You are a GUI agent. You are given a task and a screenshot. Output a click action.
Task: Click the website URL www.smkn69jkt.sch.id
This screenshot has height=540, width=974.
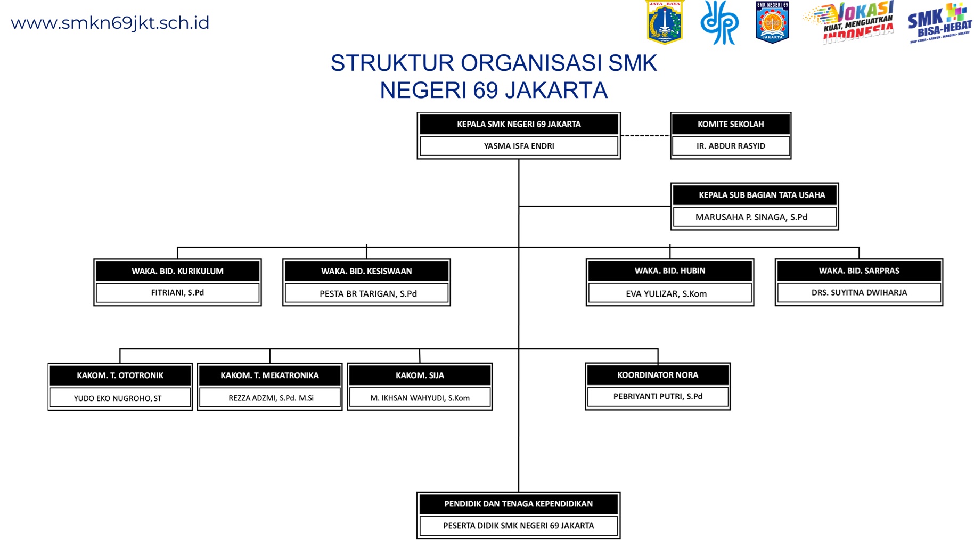(110, 23)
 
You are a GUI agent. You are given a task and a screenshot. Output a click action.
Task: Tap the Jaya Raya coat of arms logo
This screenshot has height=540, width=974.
(664, 22)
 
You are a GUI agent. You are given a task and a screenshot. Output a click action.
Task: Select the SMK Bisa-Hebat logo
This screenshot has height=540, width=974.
(940, 23)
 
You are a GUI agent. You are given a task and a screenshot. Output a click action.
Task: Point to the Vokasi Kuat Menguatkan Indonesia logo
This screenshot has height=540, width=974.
(850, 23)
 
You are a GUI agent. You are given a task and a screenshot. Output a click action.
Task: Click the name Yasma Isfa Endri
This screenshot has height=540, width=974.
(519, 146)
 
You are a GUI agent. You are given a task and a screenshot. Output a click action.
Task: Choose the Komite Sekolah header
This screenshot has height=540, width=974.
(731, 124)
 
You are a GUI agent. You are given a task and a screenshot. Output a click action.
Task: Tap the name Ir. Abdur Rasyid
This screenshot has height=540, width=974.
(731, 146)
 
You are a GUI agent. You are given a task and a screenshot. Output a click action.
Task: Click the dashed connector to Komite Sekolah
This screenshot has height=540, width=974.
(645, 136)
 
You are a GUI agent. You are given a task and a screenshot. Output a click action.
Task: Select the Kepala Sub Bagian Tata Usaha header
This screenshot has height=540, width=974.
(762, 195)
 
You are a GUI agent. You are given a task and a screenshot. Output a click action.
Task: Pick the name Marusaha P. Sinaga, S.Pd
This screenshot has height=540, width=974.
(751, 217)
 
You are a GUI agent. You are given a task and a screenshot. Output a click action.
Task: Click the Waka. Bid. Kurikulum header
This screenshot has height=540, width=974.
(177, 271)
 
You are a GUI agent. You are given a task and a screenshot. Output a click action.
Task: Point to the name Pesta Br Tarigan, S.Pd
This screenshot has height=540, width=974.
(368, 293)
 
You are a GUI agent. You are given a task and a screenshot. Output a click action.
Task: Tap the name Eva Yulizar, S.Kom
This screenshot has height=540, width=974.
(666, 293)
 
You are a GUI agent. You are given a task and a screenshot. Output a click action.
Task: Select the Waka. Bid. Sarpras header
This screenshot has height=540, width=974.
(859, 271)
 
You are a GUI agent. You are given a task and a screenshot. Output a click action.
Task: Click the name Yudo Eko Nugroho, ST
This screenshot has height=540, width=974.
(118, 398)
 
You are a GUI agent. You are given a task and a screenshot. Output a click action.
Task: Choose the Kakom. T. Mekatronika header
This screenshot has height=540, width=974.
(269, 375)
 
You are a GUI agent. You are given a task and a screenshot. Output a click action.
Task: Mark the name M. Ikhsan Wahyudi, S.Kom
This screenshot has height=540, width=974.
(420, 398)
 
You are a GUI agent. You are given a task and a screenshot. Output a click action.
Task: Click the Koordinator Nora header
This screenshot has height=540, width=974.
(658, 375)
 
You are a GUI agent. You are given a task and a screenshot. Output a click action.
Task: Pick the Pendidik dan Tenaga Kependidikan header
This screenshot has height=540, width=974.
(518, 504)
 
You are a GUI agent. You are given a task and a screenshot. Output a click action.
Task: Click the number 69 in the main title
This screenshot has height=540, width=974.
(486, 91)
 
